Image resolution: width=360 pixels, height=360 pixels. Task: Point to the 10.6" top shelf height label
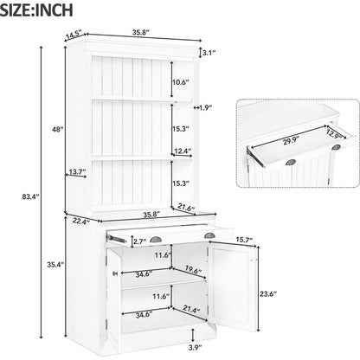tap(179, 82)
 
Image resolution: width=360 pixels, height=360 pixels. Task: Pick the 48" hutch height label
tap(57, 129)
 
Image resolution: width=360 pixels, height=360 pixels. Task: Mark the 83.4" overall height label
tap(29, 196)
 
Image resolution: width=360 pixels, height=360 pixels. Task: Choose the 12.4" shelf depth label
tap(181, 151)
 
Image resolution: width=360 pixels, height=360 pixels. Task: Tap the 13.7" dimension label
tap(76, 172)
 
